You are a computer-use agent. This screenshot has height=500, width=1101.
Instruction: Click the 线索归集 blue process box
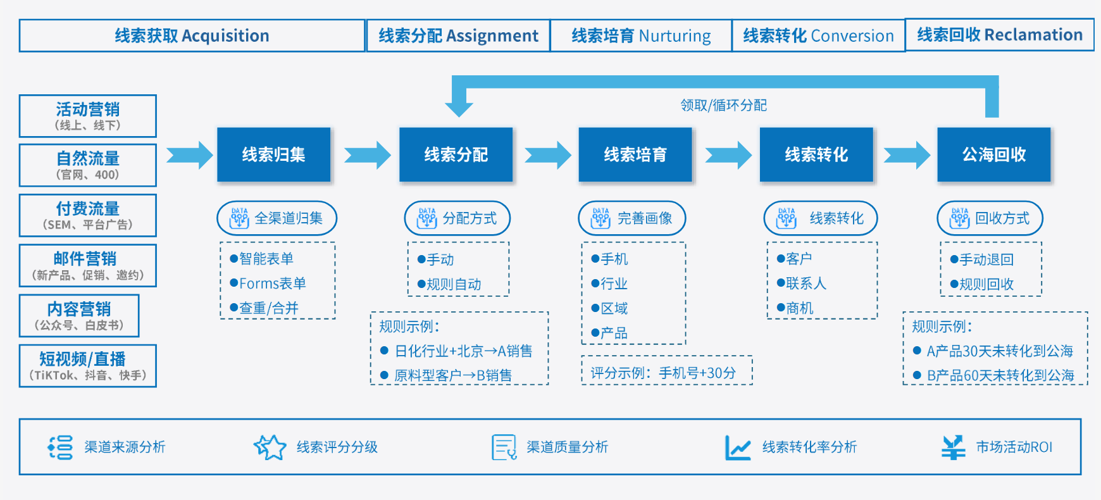[273, 155]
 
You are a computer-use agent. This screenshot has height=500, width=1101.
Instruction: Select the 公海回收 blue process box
[993, 155]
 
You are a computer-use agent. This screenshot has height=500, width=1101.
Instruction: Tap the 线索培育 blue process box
[635, 155]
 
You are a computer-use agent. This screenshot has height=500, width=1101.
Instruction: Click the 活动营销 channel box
[88, 116]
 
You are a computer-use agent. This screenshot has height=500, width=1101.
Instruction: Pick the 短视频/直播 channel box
[88, 366]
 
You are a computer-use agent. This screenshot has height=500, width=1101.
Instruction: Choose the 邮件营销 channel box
[88, 266]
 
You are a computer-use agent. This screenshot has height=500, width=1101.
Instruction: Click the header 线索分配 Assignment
[458, 35]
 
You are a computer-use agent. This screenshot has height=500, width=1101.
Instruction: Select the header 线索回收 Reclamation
[999, 35]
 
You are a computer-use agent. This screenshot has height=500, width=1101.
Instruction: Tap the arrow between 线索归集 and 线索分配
[368, 155]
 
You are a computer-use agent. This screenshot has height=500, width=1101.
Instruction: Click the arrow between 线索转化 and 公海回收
[907, 155]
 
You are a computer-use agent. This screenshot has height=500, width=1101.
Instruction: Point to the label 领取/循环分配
[723, 105]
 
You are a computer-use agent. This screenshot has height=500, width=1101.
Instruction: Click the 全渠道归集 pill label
[277, 218]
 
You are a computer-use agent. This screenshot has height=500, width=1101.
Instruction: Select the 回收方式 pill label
[990, 218]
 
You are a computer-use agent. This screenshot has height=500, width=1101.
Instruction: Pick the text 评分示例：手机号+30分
[663, 373]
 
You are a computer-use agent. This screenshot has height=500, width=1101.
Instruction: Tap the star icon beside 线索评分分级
[270, 447]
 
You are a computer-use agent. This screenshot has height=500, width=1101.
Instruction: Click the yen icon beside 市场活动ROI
[953, 447]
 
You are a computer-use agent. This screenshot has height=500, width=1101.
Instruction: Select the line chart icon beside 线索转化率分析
[737, 447]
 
